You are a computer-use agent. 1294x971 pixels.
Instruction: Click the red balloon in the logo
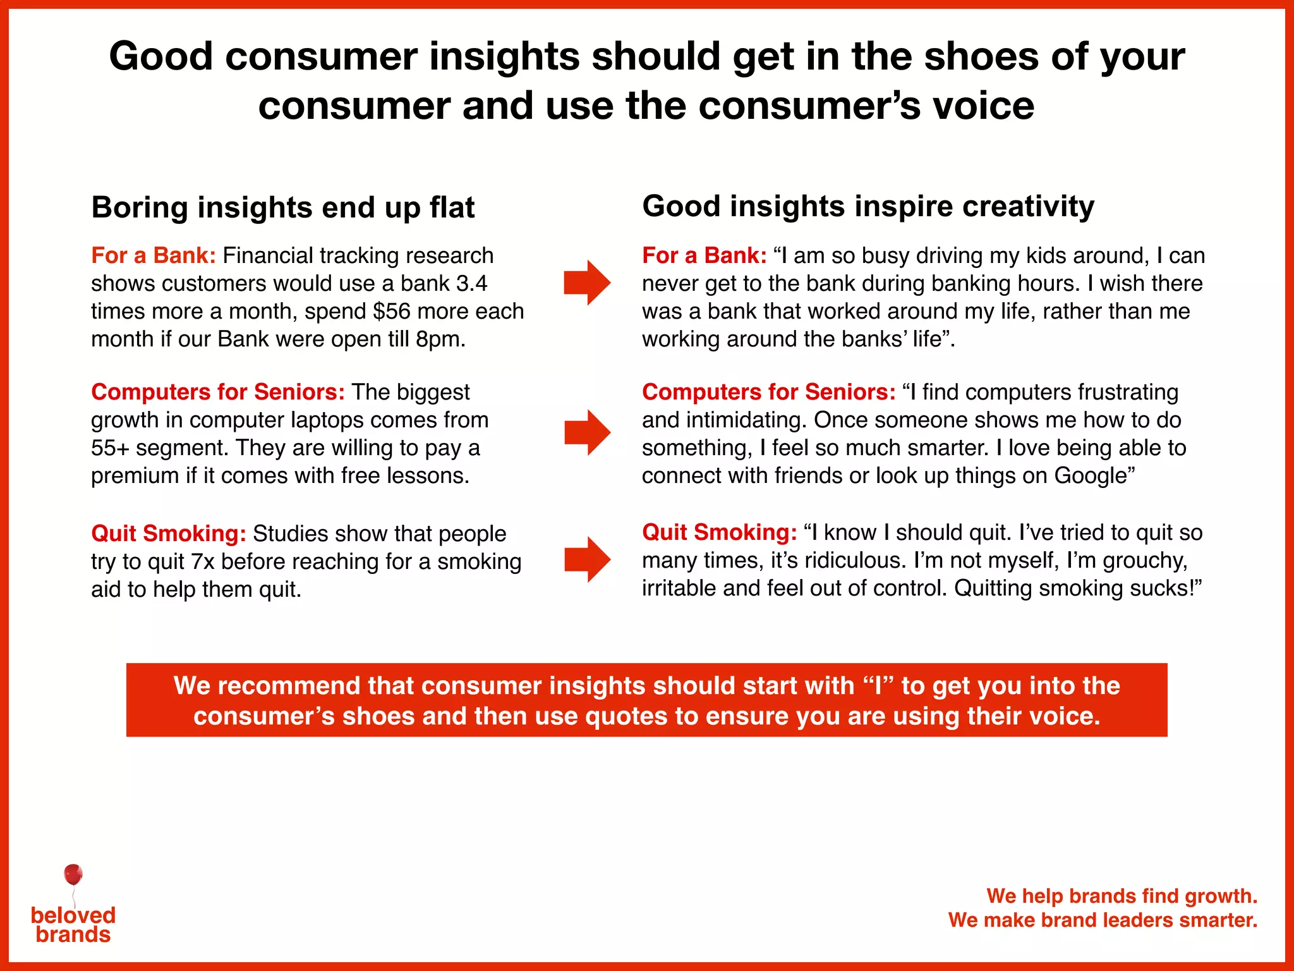tap(73, 875)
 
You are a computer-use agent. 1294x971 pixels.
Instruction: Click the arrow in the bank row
tap(588, 283)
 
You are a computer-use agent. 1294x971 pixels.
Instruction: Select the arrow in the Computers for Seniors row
tap(588, 432)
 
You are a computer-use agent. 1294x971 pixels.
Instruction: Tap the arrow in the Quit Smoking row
tap(588, 559)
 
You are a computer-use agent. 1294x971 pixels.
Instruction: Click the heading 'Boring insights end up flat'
tap(282, 207)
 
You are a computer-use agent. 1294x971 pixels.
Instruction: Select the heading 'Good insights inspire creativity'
tap(868, 206)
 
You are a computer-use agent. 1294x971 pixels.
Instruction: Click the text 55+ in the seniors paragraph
tap(110, 448)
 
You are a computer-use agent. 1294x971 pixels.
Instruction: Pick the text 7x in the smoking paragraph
tap(203, 561)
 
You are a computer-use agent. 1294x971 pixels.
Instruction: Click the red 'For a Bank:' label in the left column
tap(154, 255)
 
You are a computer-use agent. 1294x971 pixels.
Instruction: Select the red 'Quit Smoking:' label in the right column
tap(719, 532)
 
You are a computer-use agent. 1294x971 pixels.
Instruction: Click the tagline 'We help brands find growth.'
tap(1122, 896)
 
